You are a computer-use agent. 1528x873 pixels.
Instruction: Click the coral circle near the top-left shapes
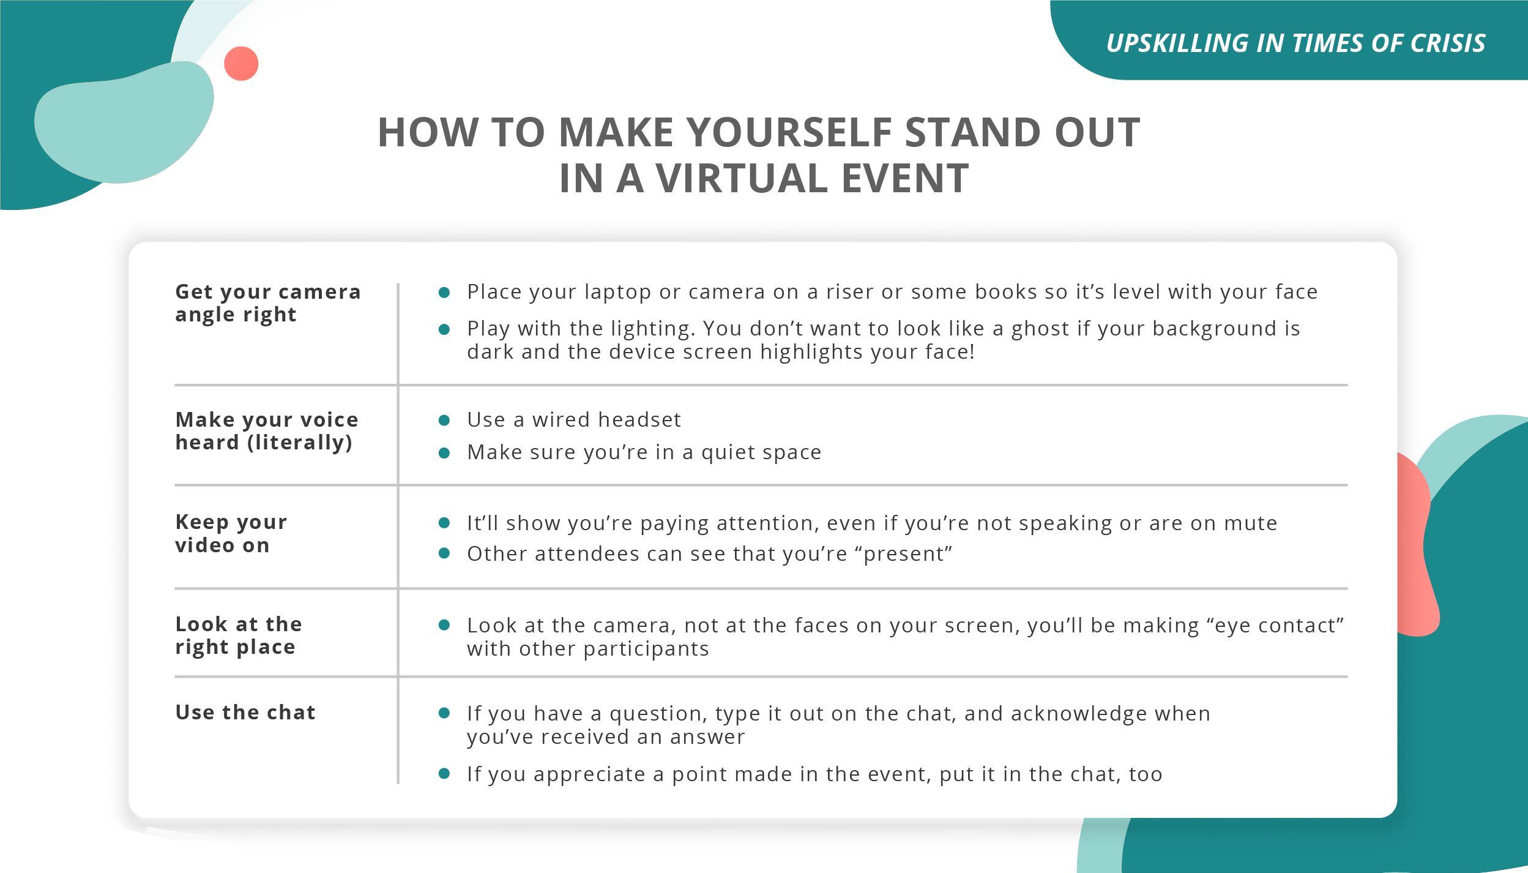point(241,64)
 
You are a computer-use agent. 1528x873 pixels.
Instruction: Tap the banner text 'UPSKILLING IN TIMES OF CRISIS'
point(1296,43)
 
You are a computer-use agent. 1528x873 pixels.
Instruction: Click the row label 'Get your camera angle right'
point(268,303)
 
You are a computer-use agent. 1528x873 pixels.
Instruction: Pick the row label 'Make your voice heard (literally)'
point(267,431)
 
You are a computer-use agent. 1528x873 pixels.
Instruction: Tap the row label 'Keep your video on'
point(231,533)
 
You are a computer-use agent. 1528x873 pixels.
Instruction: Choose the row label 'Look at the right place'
point(239,635)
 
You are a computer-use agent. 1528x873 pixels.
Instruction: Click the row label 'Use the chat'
point(245,712)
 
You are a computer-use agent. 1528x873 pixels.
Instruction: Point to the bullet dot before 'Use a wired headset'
point(445,420)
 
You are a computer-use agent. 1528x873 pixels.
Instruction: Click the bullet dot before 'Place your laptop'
point(445,293)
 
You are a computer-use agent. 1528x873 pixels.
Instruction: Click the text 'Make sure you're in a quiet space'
point(644,452)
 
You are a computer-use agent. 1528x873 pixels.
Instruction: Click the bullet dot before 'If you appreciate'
point(445,774)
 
